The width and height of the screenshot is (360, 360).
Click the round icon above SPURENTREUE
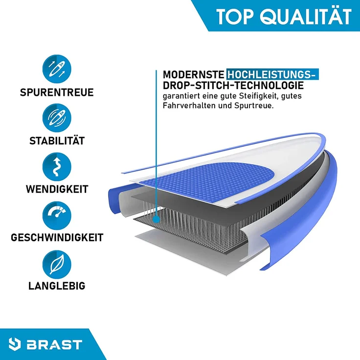pyautogui.click(x=57, y=68)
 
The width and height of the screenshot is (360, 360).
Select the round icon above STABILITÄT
pyautogui.click(x=57, y=118)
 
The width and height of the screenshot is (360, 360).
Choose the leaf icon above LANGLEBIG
pyautogui.click(x=57, y=264)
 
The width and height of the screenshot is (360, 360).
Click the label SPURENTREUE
pyautogui.click(x=57, y=92)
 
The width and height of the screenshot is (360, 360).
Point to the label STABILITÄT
pyautogui.click(x=57, y=141)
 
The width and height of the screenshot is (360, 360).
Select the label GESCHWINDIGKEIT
pyautogui.click(x=57, y=238)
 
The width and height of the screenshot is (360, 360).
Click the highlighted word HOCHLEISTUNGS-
pyautogui.click(x=272, y=75)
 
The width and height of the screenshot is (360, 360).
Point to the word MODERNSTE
pyautogui.click(x=193, y=75)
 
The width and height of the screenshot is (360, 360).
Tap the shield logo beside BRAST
pyautogui.click(x=21, y=344)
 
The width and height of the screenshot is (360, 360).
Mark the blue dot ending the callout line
pyautogui.click(x=156, y=220)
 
